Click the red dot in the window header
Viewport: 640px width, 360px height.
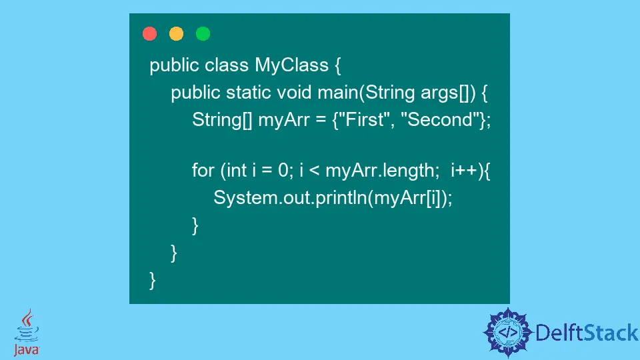[x=149, y=33]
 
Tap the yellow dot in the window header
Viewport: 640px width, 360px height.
[x=176, y=33]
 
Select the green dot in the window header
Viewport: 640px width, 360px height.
[x=203, y=33]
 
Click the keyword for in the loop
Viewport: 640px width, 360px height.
[x=203, y=171]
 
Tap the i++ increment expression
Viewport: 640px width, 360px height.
[x=463, y=171]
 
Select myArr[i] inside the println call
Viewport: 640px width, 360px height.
[x=413, y=197]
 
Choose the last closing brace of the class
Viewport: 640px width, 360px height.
[x=153, y=280]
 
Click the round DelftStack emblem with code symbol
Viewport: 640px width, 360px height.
[x=508, y=331]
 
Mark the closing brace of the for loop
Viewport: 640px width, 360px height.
[x=195, y=226]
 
